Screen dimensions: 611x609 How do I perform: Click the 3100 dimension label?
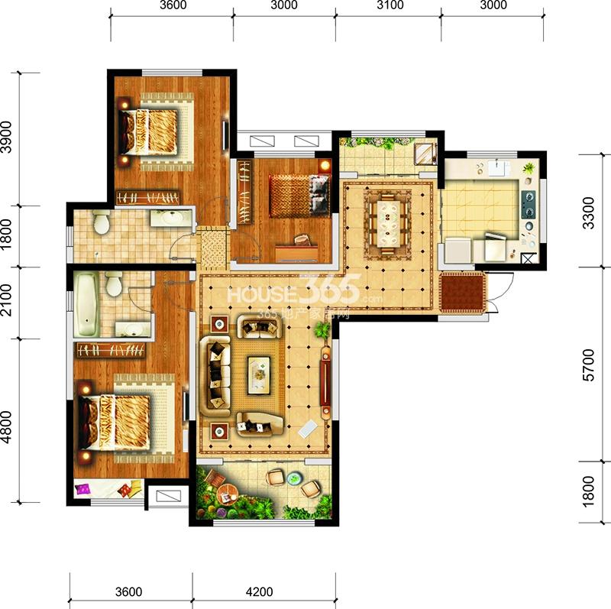coord(390,5)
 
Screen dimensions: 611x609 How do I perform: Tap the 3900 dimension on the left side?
coord(7,137)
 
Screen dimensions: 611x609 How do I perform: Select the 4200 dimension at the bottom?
coord(259,591)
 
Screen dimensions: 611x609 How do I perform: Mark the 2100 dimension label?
coord(7,300)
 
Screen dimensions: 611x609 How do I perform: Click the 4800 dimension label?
coord(7,427)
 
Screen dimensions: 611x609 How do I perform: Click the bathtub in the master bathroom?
coord(86,304)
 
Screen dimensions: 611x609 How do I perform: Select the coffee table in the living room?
coord(260,374)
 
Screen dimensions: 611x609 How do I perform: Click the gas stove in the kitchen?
coord(529,205)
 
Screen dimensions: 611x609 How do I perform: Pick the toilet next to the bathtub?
coord(114,283)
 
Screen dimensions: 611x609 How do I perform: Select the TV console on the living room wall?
coord(325,383)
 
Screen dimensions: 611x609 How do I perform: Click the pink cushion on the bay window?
coord(82,489)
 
